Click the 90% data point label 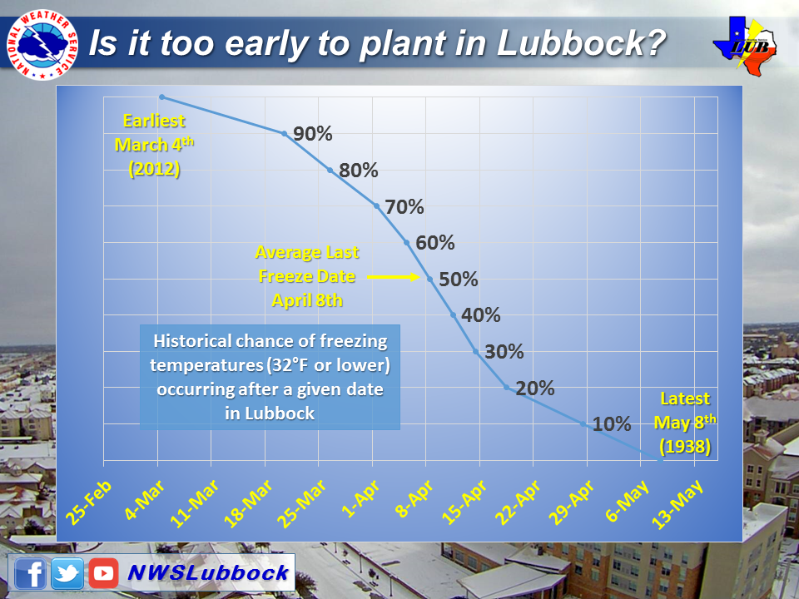point(312,133)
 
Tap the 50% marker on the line point(429,280)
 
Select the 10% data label point(612,423)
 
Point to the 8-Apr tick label point(414,499)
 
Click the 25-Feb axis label point(89,502)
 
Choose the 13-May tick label point(677,504)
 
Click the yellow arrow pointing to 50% point(393,277)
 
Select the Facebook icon point(31,573)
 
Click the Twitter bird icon point(67,573)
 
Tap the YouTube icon point(103,573)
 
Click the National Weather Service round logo point(42,44)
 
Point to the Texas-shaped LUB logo point(745,47)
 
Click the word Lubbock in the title point(582,42)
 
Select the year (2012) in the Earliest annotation point(154,169)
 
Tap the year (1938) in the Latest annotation point(685,446)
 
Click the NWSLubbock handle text point(208,573)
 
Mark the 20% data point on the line point(507,388)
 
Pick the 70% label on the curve point(404,207)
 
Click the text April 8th point(307,300)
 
